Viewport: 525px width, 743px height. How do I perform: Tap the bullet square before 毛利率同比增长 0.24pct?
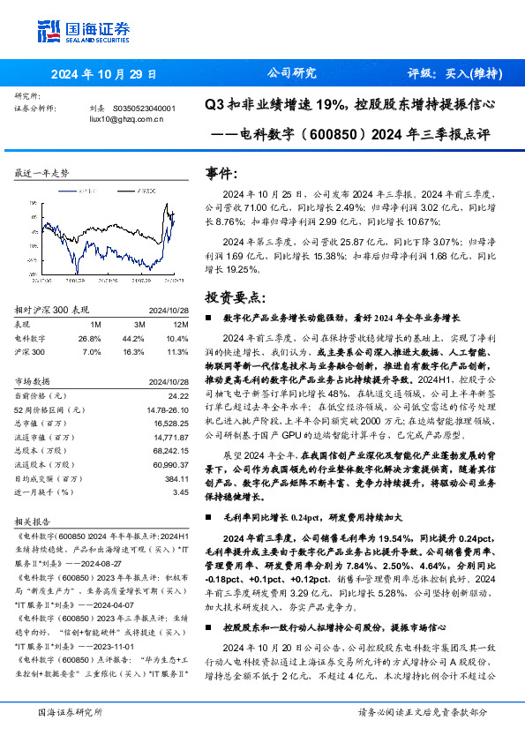coord(208,516)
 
